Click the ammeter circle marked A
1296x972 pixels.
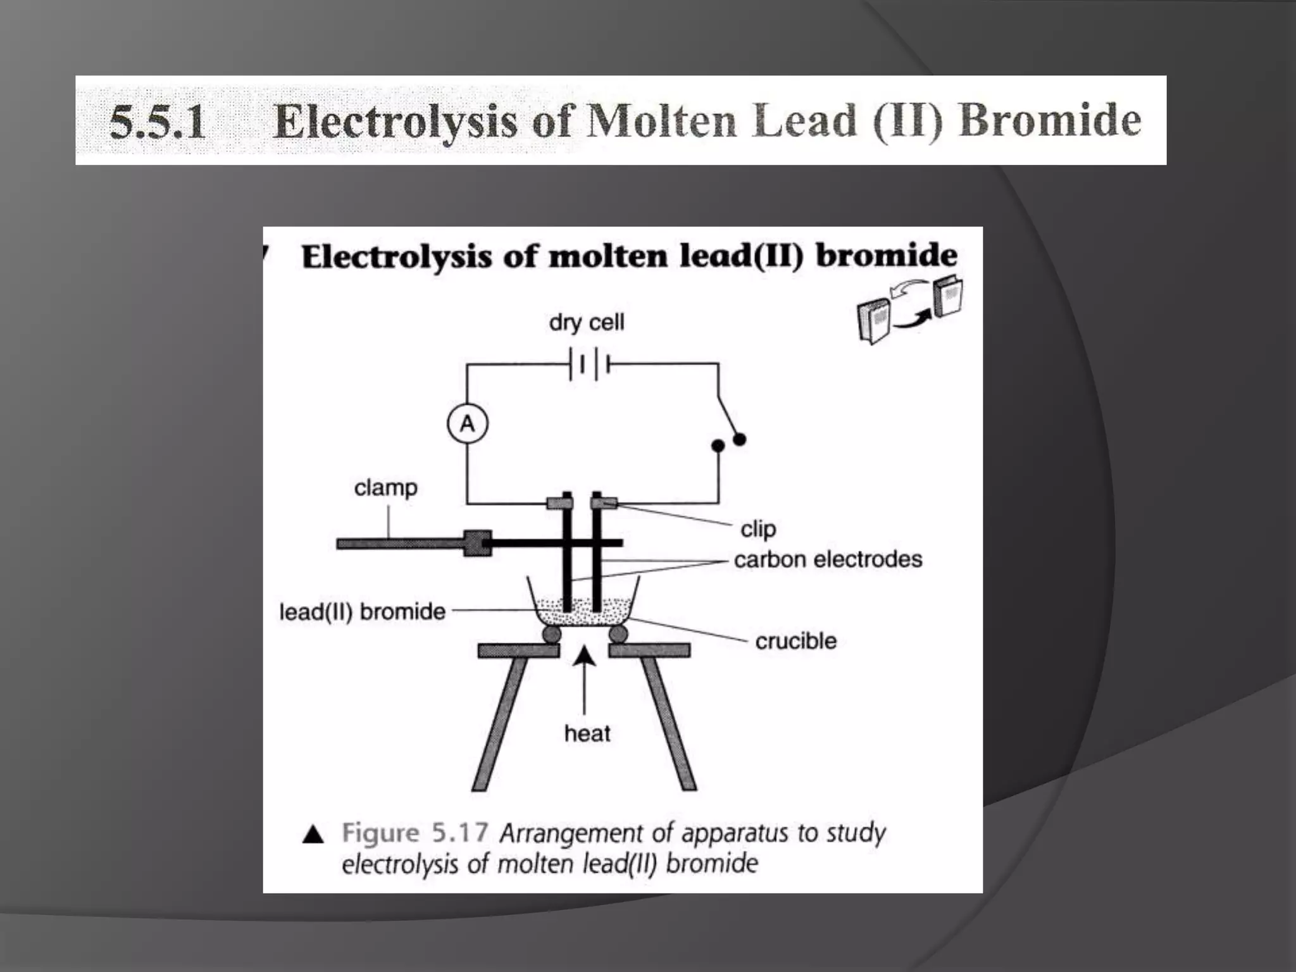pos(467,423)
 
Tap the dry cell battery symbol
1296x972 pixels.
pos(589,364)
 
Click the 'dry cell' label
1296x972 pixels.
pos(586,322)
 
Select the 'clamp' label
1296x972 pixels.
pos(385,487)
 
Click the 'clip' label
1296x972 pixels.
pos(757,528)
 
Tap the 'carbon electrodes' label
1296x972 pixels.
pos(828,559)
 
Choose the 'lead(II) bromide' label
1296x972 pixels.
pos(362,611)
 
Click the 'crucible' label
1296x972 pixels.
pos(795,640)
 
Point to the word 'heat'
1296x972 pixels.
pos(587,733)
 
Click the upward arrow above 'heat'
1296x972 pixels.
pos(584,677)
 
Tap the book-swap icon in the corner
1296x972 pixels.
pos(909,308)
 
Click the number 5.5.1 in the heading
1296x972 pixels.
pos(158,121)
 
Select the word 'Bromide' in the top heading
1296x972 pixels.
pos(1050,120)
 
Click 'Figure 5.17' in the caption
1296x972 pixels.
pos(414,832)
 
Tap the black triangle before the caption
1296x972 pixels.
pos(313,835)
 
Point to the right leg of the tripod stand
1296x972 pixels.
pos(670,721)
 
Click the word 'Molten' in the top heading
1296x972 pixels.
pos(661,120)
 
